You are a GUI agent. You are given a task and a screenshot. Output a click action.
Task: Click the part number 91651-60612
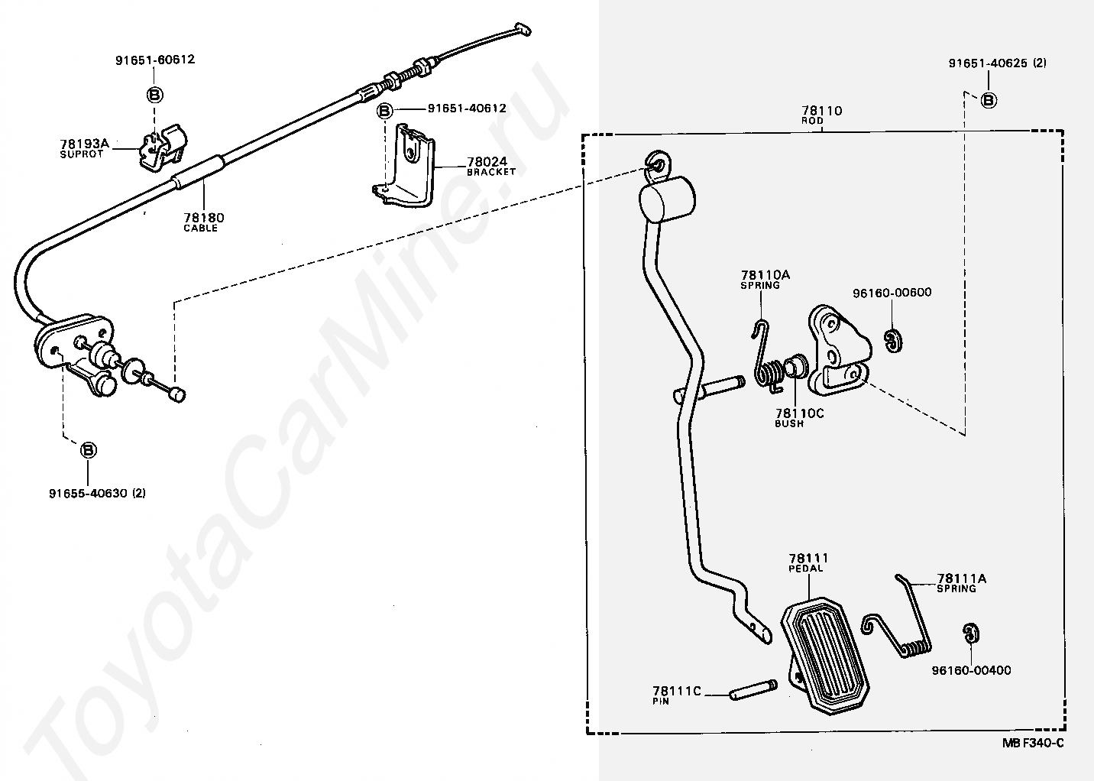[155, 60]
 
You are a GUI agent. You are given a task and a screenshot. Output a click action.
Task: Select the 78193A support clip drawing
[162, 147]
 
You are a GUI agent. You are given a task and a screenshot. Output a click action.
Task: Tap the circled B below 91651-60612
[154, 95]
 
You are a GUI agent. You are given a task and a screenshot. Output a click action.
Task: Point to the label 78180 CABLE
[202, 222]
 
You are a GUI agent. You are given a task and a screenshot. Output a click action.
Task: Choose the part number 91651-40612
[466, 109]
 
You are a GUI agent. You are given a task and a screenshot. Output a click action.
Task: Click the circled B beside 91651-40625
[988, 99]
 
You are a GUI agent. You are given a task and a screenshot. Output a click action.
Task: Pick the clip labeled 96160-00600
[892, 341]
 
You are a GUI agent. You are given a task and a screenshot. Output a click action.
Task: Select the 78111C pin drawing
[753, 690]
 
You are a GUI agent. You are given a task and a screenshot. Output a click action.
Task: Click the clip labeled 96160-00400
[969, 634]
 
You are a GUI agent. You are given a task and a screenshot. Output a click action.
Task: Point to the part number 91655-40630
[97, 493]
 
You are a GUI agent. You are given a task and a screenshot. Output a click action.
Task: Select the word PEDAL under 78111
[806, 569]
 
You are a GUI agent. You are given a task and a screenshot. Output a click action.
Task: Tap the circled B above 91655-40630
[89, 450]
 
